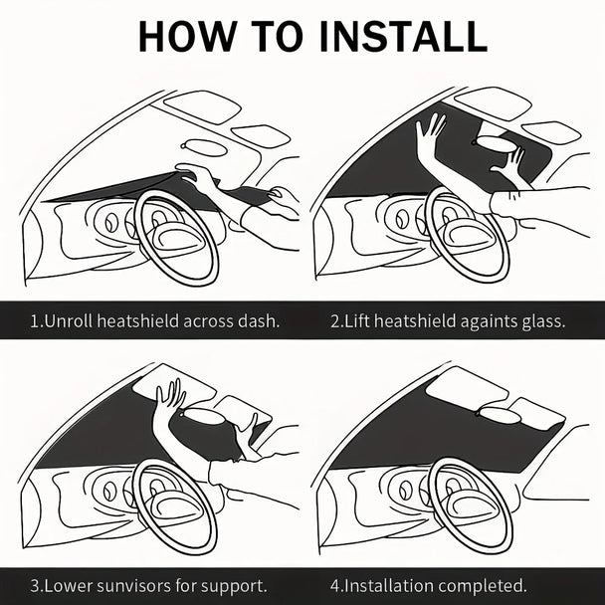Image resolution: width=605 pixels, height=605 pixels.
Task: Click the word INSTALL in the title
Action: [x=404, y=36]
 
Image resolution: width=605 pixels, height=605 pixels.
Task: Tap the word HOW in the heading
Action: [x=186, y=36]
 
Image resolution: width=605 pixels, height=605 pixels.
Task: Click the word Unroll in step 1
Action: [x=69, y=321]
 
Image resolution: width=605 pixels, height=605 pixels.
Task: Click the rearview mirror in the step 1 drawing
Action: [x=203, y=147]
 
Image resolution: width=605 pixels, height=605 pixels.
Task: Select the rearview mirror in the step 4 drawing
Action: [x=499, y=415]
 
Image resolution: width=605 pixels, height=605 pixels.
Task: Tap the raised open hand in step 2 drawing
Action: [x=431, y=133]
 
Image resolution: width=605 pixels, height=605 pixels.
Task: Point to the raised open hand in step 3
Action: [x=171, y=397]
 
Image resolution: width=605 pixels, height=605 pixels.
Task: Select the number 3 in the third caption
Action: [x=35, y=586]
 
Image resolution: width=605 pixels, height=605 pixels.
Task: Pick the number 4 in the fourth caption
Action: [x=334, y=586]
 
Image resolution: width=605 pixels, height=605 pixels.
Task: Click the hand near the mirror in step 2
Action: [x=508, y=162]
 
